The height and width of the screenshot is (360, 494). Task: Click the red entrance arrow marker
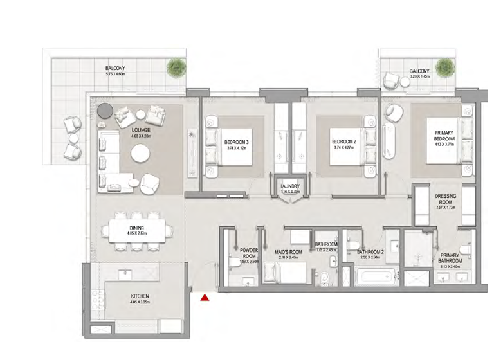coord(205,298)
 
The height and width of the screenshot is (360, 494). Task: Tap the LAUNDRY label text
coord(290,187)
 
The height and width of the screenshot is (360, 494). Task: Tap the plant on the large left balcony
coord(174,66)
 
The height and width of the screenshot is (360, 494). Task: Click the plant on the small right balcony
coord(444,66)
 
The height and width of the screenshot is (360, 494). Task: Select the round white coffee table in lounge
coord(142,154)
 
